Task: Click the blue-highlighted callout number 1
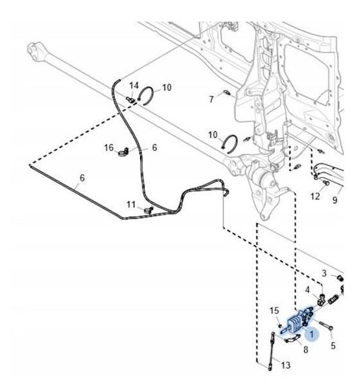coord(312,335)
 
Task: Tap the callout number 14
coord(134,86)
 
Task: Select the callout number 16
coord(109,148)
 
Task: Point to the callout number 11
coord(131,205)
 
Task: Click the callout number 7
coord(212,100)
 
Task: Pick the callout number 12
coord(315,196)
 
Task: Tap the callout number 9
coord(335,199)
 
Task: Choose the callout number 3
coord(324,273)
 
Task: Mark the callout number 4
coord(307,290)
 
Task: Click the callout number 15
coord(274,311)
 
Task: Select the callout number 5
coord(333,345)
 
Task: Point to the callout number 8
coord(305,349)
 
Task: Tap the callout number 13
coord(285,365)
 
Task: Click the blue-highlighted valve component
coord(298,321)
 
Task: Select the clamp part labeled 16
coord(123,153)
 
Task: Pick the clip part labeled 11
coord(148,210)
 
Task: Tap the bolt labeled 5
coord(326,326)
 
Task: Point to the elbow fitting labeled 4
coord(321,299)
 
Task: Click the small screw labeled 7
coord(227,93)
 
